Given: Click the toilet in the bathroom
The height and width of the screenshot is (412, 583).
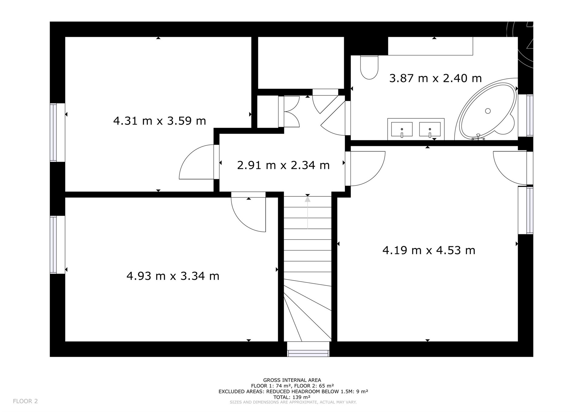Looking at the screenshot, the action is click(369, 67).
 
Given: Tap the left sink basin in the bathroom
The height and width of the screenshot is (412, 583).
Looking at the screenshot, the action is click(402, 130).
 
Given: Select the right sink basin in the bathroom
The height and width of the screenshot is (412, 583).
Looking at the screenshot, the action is click(430, 130).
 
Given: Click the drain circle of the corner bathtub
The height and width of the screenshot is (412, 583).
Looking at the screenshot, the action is click(488, 111).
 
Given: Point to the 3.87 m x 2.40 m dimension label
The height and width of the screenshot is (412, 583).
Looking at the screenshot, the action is click(435, 78).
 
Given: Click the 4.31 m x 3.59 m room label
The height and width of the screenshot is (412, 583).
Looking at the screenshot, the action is click(160, 121).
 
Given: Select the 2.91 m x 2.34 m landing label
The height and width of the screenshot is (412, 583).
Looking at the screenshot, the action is click(283, 165).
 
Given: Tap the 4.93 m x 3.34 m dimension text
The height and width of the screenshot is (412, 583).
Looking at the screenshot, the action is click(173, 276).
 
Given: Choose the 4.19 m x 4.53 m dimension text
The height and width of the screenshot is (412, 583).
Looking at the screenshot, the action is click(429, 250).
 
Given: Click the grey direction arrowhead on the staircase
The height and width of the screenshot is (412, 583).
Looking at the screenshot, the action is click(308, 199).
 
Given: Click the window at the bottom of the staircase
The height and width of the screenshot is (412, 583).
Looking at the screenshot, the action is click(308, 349).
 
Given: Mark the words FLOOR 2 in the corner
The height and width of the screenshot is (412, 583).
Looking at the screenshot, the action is click(25, 401).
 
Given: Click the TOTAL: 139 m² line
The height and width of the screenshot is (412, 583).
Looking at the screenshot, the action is click(292, 397).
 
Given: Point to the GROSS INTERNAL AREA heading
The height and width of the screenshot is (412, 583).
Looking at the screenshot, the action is click(292, 380).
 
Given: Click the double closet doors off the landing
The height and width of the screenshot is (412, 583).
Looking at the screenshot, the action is click(289, 112).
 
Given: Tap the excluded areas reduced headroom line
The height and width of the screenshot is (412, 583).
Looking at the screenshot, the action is click(293, 391).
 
